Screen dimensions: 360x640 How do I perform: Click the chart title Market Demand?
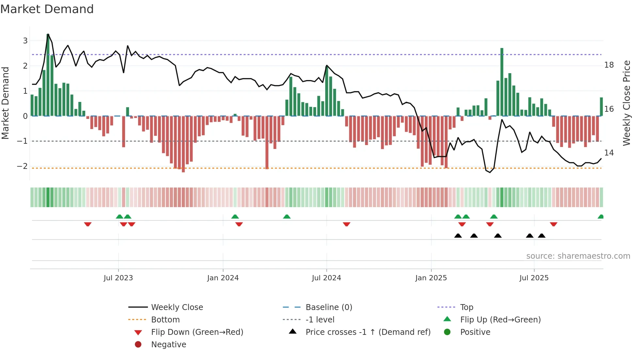click(x=47, y=9)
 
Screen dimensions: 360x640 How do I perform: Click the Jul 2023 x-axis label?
click(x=118, y=278)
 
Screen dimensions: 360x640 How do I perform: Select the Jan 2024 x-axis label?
click(x=223, y=278)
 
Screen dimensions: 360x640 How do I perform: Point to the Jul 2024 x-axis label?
click(x=326, y=278)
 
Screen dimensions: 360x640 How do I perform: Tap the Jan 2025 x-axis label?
click(x=431, y=278)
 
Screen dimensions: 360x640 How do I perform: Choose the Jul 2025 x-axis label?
click(x=534, y=278)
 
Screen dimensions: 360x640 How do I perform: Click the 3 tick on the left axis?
click(x=25, y=41)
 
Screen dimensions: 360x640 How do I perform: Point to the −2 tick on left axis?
click(x=22, y=166)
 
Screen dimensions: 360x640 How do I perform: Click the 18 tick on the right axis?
click(x=609, y=65)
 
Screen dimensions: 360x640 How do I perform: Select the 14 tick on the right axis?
click(x=609, y=153)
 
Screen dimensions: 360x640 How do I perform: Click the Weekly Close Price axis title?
click(x=626, y=103)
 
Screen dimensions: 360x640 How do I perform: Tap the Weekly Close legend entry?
click(x=177, y=307)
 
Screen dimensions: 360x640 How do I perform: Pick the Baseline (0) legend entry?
click(x=329, y=307)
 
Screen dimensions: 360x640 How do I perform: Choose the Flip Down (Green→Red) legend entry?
click(x=197, y=332)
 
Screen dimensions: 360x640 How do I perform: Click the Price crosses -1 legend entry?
click(x=368, y=332)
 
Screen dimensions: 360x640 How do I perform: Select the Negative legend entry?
click(x=168, y=345)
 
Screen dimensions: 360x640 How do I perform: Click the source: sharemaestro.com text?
click(x=578, y=256)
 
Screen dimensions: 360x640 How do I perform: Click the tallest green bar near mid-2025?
click(x=502, y=82)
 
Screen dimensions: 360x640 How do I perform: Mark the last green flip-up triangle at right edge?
click(x=600, y=217)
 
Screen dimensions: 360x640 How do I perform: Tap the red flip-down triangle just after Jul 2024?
click(x=346, y=224)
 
